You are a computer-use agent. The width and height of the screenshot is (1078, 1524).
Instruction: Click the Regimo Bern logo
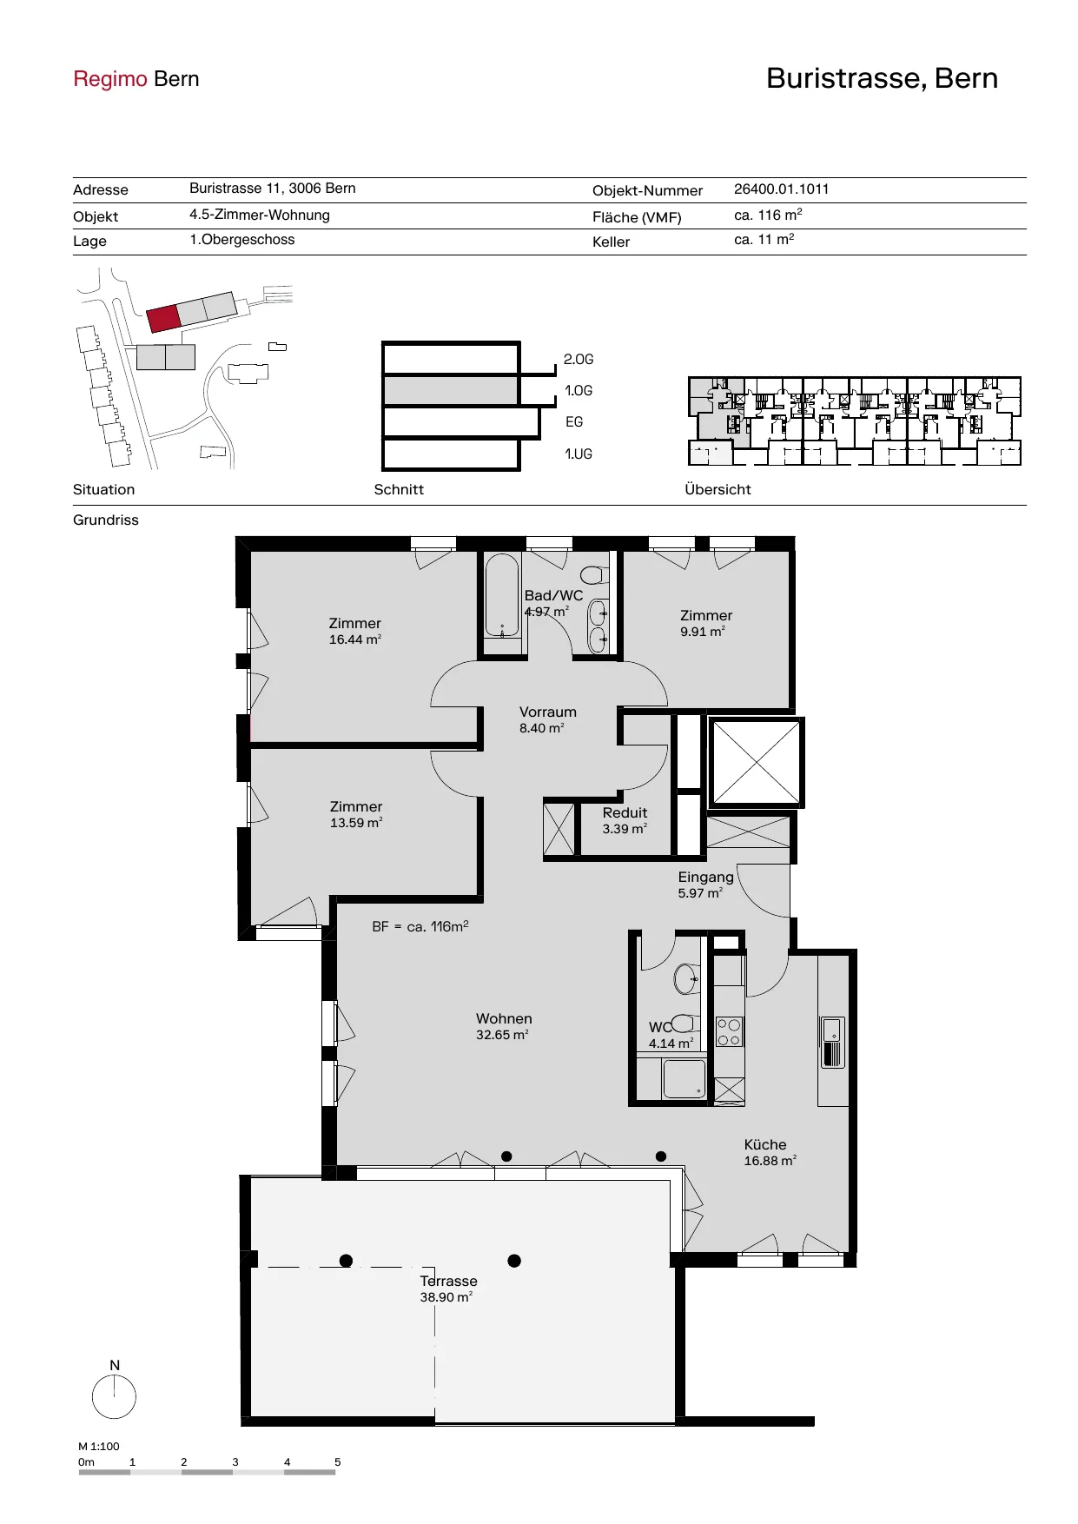[136, 79]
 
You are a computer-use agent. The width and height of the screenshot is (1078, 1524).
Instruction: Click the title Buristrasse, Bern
[882, 78]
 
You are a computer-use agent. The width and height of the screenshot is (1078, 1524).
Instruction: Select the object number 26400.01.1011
[781, 189]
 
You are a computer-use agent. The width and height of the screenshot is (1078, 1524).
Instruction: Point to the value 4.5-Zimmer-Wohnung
[260, 215]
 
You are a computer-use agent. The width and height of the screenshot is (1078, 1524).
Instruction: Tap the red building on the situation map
[163, 318]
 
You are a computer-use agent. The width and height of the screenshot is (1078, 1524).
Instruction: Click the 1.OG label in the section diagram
[579, 391]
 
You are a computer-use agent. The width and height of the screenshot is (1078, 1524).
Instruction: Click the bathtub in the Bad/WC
[502, 597]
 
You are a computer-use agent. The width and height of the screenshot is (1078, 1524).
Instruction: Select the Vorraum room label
[548, 712]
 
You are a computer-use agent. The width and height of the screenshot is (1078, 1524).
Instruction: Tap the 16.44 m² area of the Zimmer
[355, 639]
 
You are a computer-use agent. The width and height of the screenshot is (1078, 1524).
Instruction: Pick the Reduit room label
[625, 812]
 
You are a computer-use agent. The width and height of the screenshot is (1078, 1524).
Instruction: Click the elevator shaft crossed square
[757, 762]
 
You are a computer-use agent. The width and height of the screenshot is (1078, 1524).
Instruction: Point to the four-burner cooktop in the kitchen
[729, 1031]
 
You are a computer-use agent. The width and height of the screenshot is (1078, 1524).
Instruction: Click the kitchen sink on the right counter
[833, 1042]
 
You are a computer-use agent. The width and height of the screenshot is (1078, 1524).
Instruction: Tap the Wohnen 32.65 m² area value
[502, 1035]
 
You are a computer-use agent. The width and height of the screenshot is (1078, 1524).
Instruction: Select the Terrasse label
[448, 1281]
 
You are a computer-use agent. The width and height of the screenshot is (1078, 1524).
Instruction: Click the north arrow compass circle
[114, 1398]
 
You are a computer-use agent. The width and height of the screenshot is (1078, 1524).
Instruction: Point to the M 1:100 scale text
[99, 1447]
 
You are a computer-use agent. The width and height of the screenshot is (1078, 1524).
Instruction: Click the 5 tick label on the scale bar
[338, 1462]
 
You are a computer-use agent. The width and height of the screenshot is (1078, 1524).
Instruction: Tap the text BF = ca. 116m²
[420, 926]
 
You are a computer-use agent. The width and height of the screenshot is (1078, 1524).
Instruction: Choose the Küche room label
[765, 1144]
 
